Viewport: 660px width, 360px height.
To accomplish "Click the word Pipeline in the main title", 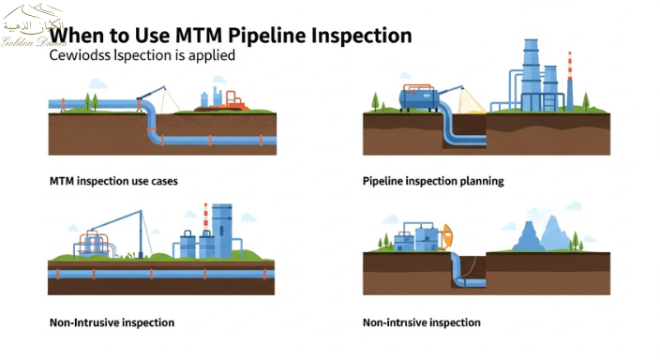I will [267, 36].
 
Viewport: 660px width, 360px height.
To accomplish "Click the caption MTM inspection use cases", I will [112, 180].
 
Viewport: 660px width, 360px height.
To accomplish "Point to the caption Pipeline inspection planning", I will [433, 180].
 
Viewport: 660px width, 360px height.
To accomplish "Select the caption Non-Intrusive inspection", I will [112, 322].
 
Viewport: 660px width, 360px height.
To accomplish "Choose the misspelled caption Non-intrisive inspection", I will [421, 322].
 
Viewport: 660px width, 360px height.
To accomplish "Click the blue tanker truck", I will [418, 97].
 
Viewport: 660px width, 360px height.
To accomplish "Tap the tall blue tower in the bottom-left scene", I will [222, 229].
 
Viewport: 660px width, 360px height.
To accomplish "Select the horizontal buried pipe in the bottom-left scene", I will [159, 274].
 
